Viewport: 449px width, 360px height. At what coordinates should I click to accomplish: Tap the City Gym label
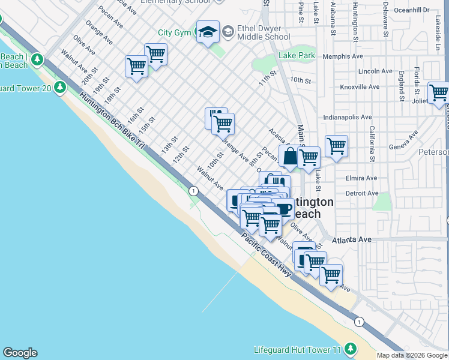[x=173, y=32]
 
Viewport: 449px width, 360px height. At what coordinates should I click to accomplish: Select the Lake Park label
[x=297, y=56]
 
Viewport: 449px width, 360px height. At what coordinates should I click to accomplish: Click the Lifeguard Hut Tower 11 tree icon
[x=350, y=349]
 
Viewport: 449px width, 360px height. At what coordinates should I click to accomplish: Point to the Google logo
[x=20, y=353]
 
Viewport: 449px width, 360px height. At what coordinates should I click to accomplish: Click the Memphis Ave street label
[x=343, y=56]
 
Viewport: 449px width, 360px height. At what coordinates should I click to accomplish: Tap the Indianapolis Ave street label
[x=348, y=117]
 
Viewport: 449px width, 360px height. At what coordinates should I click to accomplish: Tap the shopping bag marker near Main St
[x=289, y=157]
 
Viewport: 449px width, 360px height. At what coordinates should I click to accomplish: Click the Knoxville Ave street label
[x=360, y=87]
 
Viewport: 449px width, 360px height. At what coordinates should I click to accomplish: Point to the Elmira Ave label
[x=361, y=178]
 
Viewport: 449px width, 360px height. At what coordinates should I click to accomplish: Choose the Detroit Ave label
[x=361, y=193]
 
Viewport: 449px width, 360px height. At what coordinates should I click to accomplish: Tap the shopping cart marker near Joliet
[x=438, y=93]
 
